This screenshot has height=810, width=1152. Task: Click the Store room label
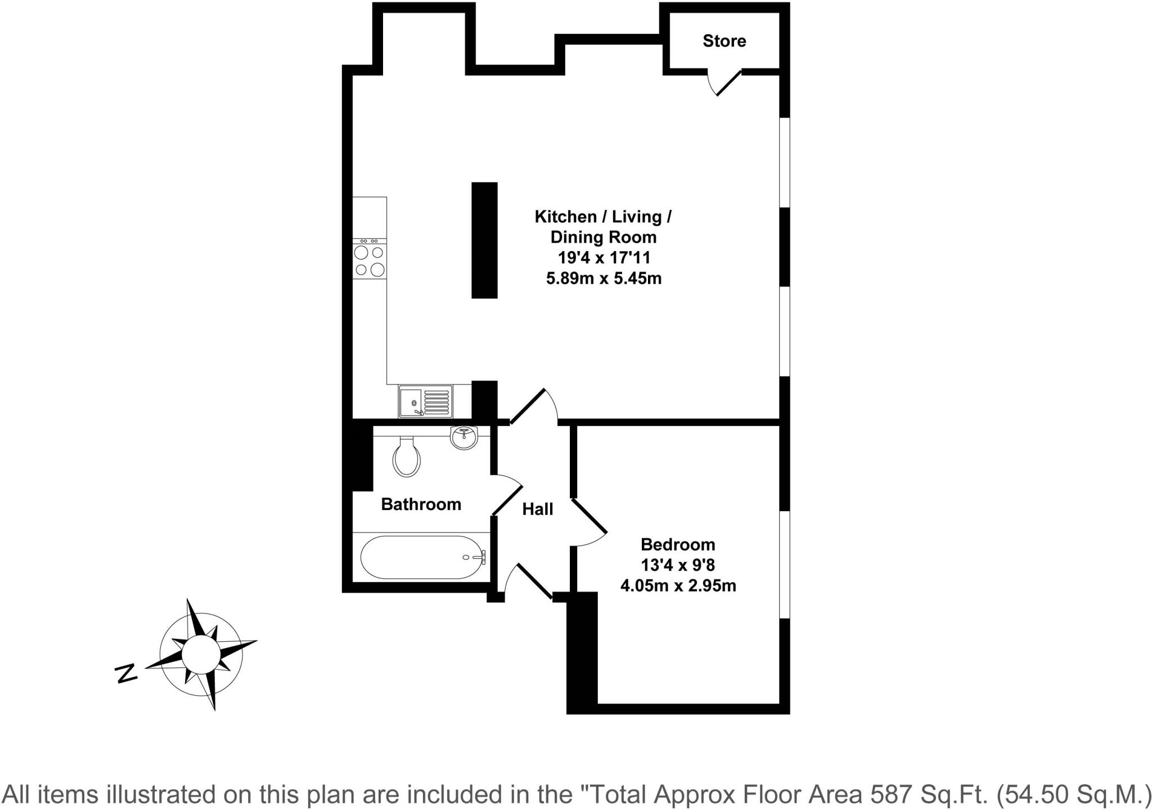(724, 41)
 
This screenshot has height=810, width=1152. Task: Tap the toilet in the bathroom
(407, 457)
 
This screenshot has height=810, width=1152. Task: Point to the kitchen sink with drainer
(426, 401)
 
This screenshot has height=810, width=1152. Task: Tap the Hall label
(537, 509)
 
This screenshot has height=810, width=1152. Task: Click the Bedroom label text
(678, 544)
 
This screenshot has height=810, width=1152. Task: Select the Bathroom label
(421, 504)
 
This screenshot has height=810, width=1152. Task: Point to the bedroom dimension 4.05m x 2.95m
(678, 586)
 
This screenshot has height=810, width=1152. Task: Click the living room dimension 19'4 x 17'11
(604, 258)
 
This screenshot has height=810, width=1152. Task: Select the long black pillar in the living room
(484, 240)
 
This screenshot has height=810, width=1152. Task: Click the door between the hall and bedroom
(589, 523)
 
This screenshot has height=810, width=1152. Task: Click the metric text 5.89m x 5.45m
(604, 278)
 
